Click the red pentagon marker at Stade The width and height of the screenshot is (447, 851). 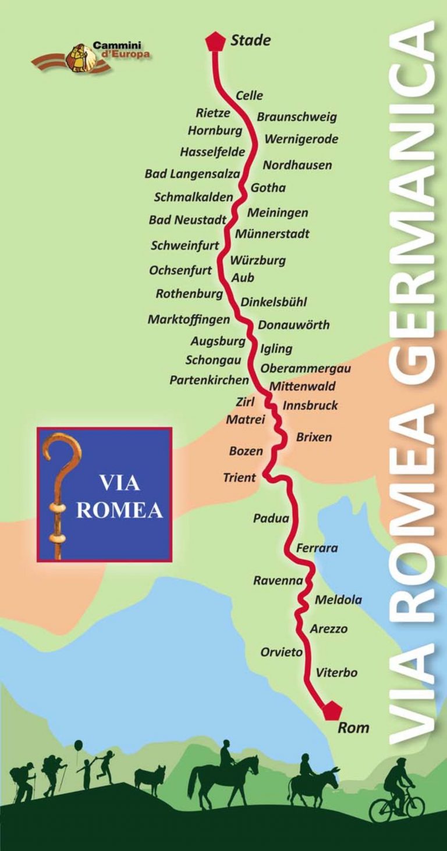(215, 41)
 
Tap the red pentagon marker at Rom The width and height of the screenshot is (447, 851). (332, 710)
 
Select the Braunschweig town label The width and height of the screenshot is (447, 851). (297, 117)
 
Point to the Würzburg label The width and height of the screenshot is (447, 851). (258, 260)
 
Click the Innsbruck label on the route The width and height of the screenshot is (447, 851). (310, 405)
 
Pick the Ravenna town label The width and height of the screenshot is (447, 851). (278, 580)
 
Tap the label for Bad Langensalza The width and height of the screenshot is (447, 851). (192, 174)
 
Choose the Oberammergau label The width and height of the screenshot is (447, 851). (306, 368)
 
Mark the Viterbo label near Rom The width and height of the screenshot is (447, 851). (336, 673)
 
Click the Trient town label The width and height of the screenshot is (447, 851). (239, 478)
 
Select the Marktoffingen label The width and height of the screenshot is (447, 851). (189, 319)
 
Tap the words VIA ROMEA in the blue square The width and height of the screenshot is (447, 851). (119, 496)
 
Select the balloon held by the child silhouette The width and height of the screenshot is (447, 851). (79, 745)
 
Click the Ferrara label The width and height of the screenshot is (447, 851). (317, 548)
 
